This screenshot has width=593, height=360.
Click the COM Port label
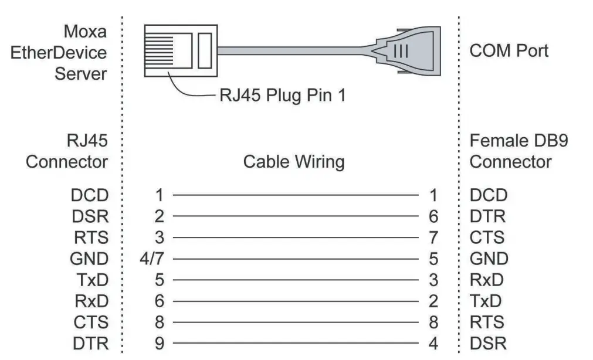tap(509, 51)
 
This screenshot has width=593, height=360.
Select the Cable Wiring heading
tap(294, 161)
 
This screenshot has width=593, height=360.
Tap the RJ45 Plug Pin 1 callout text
tap(282, 95)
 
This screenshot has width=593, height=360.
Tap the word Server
tap(81, 74)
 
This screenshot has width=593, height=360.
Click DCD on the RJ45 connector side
tap(90, 195)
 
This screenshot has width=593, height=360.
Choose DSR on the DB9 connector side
tap(488, 344)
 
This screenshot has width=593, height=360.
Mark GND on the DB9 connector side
tap(489, 259)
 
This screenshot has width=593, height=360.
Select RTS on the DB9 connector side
tap(487, 322)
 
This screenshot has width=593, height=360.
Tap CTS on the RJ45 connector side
tap(91, 322)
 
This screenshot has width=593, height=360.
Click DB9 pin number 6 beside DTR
tap(433, 216)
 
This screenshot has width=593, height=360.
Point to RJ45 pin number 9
tap(159, 344)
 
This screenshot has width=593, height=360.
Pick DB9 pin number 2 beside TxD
tap(433, 301)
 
